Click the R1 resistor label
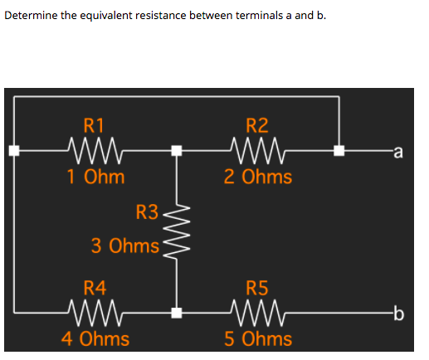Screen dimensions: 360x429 coord(95,127)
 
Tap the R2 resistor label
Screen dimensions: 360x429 coord(258,127)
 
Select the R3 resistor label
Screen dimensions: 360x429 coord(147,212)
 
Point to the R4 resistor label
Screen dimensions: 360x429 coord(95,289)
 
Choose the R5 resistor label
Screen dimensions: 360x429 coord(258,289)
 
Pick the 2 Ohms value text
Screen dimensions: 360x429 coord(258,177)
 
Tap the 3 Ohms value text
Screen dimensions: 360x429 coord(125,246)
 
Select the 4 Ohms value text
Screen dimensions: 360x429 coord(95,338)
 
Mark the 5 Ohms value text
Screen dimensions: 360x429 coord(258,338)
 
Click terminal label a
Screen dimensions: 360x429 coord(399,151)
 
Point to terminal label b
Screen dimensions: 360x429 coord(399,313)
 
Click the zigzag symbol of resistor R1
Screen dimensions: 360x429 coord(95,151)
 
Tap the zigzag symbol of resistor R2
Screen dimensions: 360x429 coord(258,151)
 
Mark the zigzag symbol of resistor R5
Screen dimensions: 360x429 coord(258,313)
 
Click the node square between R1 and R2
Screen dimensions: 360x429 coord(176,151)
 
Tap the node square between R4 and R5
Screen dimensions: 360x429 coord(176,313)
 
